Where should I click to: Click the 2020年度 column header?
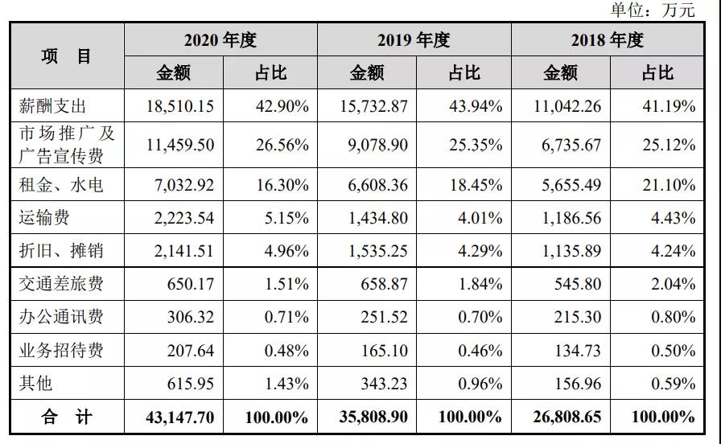220,40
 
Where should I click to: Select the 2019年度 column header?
414,40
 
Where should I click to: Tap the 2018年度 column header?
608,40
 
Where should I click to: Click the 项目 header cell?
67,56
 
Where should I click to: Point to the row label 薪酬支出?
53,106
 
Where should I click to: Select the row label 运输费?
44,217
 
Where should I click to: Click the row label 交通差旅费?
61,284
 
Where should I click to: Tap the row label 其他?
36,383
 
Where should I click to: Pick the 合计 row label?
67,417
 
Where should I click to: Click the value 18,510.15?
180,106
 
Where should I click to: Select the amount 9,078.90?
377,146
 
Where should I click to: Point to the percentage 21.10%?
669,185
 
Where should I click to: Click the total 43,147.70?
180,417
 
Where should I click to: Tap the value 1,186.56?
571,217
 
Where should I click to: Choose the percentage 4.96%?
286,251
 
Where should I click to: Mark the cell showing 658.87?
384,284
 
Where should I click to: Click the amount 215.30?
578,317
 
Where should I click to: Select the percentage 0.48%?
286,351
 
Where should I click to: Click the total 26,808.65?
567,417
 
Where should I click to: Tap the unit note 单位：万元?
653,10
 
